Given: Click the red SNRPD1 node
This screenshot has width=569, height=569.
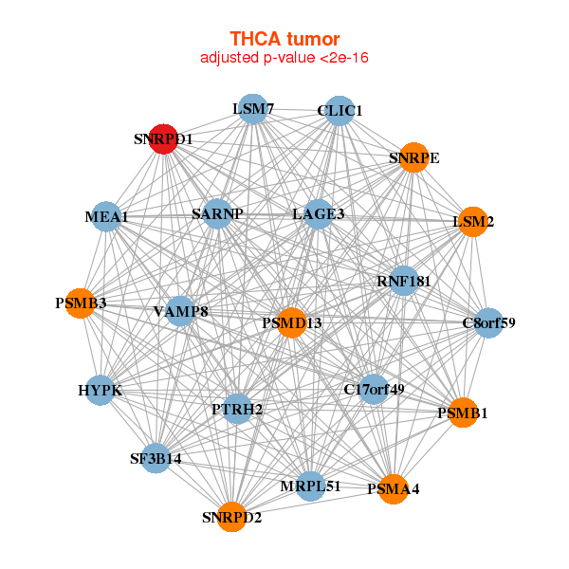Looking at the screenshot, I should (164, 138).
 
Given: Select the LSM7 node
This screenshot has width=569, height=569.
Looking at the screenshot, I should (252, 109).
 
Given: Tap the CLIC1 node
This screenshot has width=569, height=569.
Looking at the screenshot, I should (339, 111).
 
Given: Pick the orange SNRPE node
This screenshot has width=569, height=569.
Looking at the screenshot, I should (413, 157).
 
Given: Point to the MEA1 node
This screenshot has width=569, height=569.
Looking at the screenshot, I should (106, 217).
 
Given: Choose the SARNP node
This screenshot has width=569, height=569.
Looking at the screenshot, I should (217, 213).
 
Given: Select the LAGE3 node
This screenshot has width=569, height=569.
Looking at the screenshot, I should (318, 214).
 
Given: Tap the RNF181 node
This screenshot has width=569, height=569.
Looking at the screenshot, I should (404, 281).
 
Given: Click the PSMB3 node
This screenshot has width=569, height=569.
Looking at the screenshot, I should (81, 303).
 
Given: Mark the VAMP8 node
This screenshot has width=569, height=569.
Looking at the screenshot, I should (180, 311).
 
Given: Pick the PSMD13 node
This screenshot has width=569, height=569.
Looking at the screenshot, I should (292, 323).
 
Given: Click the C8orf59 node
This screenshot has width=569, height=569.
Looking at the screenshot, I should (488, 323).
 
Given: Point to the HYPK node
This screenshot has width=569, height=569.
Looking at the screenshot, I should (100, 390).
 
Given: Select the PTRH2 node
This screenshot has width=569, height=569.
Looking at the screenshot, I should (237, 409).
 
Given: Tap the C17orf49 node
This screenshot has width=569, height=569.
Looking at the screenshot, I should (374, 389).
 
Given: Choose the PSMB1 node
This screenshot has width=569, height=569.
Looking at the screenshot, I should (462, 413).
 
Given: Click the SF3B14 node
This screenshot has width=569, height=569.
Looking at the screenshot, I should (156, 458).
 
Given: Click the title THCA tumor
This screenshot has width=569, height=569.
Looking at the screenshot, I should (284, 39).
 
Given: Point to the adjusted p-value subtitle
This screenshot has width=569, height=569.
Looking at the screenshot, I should (284, 58).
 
